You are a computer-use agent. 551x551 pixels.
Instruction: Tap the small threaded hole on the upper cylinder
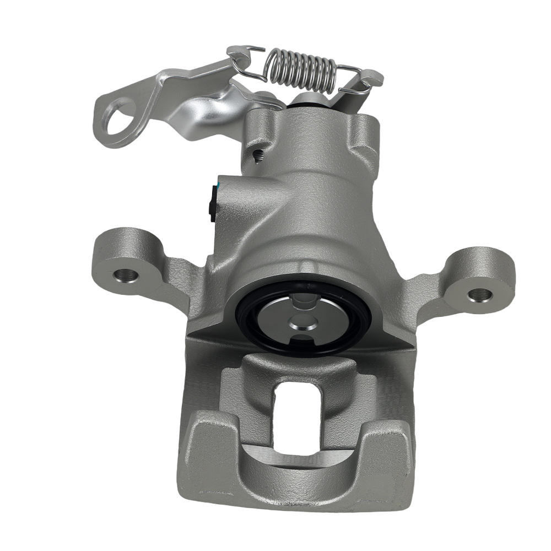pyautogui.click(x=256, y=156)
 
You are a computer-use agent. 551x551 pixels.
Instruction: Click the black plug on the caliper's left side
pyautogui.click(x=213, y=204)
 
